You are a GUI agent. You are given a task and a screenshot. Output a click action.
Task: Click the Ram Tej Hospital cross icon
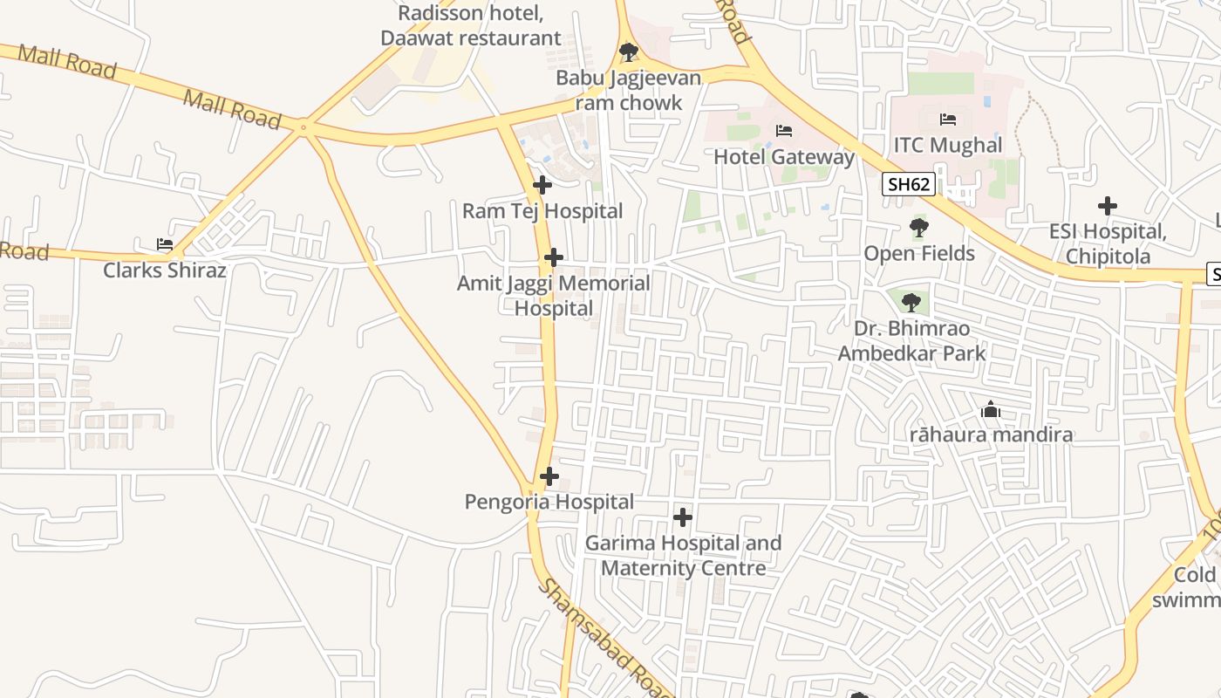click(542, 185)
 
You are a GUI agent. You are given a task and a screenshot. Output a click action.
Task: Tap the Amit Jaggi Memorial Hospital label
click(554, 296)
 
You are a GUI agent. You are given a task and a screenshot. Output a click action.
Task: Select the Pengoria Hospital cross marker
click(549, 476)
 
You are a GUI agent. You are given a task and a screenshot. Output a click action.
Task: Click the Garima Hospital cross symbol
click(683, 517)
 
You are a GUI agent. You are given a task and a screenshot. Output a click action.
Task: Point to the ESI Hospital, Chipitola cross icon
click(1108, 206)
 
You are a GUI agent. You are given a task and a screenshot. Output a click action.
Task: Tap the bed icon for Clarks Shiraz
click(164, 244)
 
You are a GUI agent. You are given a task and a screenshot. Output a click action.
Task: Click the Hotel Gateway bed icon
click(784, 131)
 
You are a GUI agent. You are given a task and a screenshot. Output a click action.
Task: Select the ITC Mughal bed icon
click(948, 120)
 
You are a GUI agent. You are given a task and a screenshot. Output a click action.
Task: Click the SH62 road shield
click(909, 184)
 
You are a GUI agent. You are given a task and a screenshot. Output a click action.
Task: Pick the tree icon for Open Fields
click(918, 229)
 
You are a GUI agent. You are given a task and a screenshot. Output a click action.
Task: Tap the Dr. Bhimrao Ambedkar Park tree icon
click(911, 303)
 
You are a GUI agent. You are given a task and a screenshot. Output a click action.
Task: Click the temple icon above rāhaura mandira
click(991, 409)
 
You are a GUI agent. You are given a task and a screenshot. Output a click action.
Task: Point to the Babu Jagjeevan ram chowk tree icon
click(628, 52)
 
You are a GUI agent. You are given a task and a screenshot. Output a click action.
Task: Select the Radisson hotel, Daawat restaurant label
click(471, 25)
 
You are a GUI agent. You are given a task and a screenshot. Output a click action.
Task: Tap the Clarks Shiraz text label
click(165, 270)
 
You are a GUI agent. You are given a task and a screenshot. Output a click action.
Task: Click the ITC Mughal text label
click(948, 145)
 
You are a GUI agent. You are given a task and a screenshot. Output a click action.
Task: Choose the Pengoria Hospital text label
click(549, 502)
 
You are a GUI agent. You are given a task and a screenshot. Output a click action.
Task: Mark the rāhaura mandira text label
click(992, 435)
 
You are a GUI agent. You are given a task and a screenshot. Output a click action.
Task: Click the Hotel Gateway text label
click(784, 157)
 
